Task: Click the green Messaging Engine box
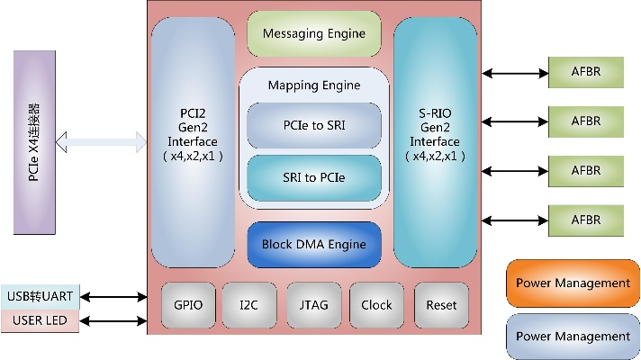[x=314, y=34]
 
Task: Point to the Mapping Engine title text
[x=314, y=85]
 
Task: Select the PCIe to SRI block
[x=314, y=125]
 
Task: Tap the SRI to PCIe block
[x=314, y=176]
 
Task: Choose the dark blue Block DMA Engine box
[x=314, y=244]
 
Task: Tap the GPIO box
[x=188, y=305]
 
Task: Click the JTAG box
[x=313, y=305]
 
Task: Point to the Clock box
[x=376, y=305]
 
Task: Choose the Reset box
[x=441, y=305]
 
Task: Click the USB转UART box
[x=40, y=294]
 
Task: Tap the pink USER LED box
[x=40, y=320]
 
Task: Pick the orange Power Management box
[x=573, y=283]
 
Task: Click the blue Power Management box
[x=573, y=336]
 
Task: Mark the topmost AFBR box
[x=585, y=73]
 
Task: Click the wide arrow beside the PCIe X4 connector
[x=102, y=141]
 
